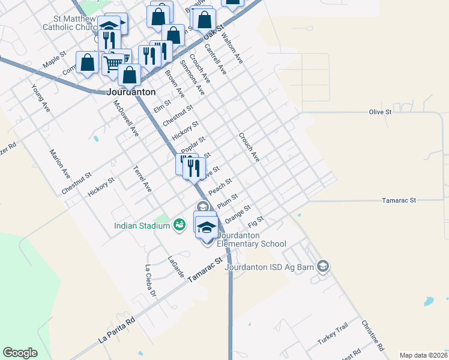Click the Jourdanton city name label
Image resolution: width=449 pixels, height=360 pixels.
(x=131, y=93)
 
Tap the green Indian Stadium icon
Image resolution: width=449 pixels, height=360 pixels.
(x=179, y=226)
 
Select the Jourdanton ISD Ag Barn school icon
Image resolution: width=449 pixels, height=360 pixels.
(x=323, y=266)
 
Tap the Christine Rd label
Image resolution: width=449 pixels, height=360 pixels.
(x=372, y=335)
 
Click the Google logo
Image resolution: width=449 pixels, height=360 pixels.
(x=20, y=352)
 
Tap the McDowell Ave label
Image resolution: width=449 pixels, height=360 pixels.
(x=126, y=118)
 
